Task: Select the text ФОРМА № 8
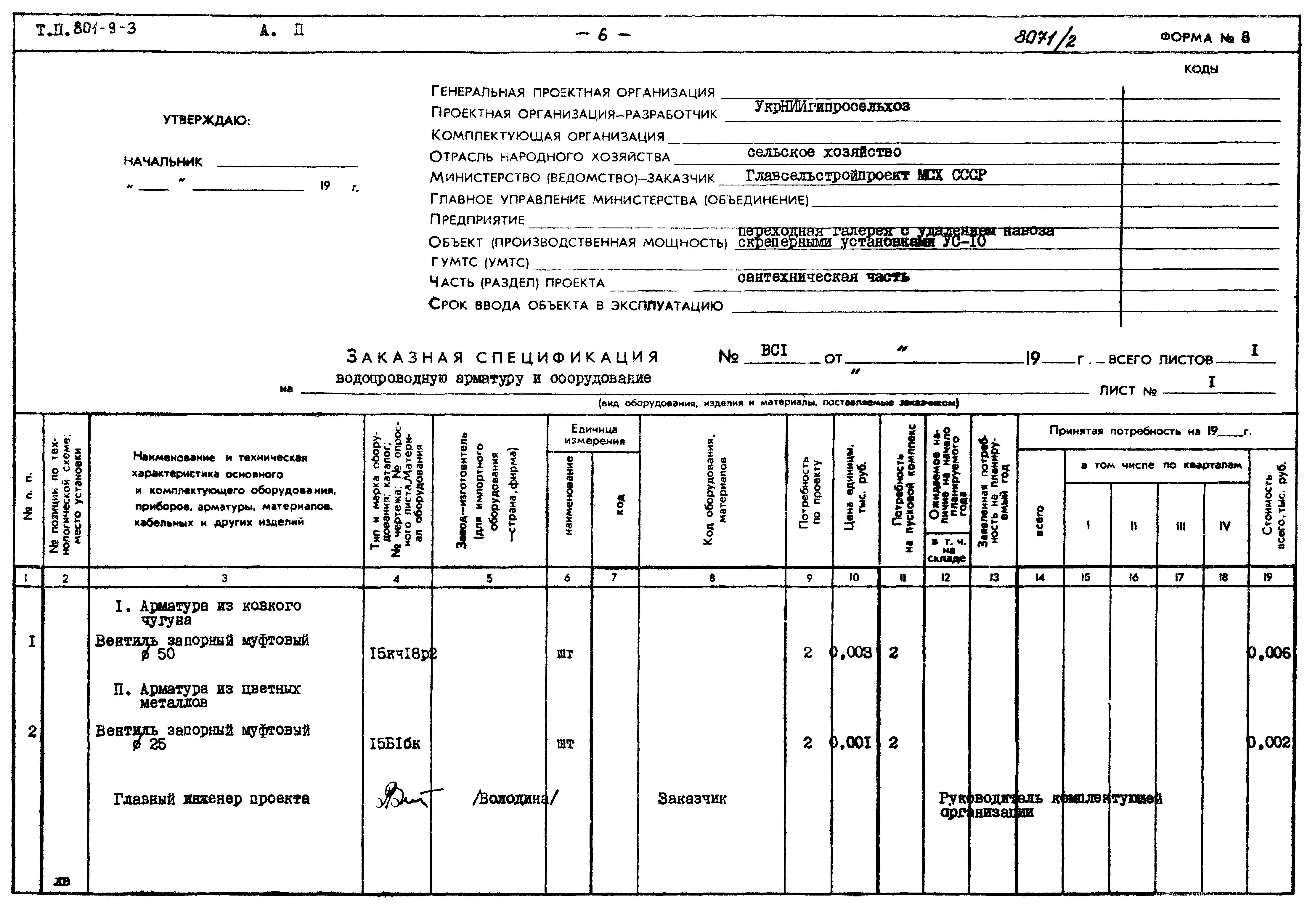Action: (x=1205, y=38)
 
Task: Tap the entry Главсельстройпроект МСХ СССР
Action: (x=866, y=175)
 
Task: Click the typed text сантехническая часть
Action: (x=823, y=278)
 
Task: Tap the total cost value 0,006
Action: (x=1270, y=653)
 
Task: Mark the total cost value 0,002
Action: (x=1270, y=743)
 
